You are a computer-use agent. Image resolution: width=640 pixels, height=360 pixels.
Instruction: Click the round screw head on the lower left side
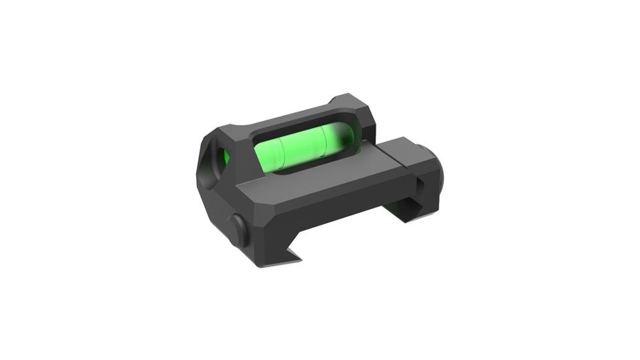click(x=238, y=228)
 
